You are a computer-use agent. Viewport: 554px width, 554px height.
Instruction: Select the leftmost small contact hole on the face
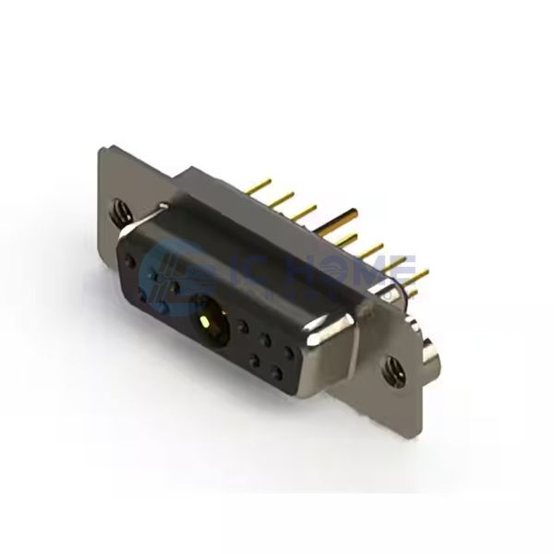(140, 296)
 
